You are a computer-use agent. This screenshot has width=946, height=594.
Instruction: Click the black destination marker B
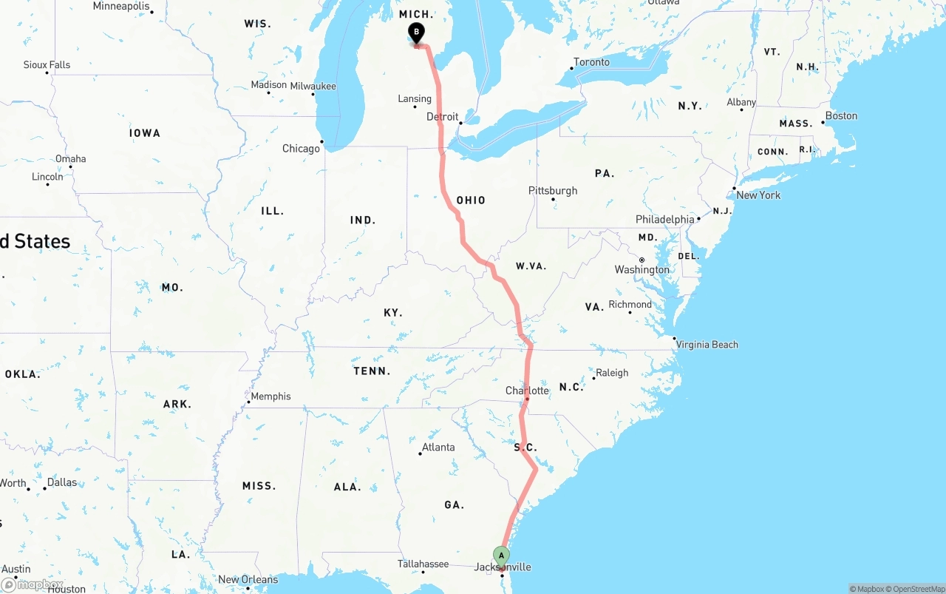click(416, 33)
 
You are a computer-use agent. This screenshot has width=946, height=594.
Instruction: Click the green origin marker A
click(501, 556)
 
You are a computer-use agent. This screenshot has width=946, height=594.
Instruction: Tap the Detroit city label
click(442, 117)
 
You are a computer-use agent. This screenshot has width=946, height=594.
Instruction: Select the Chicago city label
click(301, 149)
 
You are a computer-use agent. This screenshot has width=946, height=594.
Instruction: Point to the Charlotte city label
click(527, 391)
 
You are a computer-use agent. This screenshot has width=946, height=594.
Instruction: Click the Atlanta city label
click(438, 448)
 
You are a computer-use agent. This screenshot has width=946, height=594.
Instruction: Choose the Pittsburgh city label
click(552, 191)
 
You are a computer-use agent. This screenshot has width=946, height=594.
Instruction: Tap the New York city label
click(758, 195)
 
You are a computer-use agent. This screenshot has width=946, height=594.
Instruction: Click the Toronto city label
click(591, 62)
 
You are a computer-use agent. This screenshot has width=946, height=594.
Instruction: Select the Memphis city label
click(270, 396)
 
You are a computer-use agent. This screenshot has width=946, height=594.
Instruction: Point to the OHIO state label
click(471, 200)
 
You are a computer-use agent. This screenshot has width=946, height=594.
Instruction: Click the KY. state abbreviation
click(393, 313)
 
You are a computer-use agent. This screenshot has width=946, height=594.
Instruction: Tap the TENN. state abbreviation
click(372, 371)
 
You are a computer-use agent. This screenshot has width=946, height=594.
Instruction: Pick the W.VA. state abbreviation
click(531, 266)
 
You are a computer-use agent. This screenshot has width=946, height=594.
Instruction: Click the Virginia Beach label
click(707, 345)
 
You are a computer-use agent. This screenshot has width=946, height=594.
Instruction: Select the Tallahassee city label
click(423, 564)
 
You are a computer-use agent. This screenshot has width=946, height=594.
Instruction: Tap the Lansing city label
click(415, 99)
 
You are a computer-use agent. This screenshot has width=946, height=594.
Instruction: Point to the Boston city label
click(841, 116)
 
